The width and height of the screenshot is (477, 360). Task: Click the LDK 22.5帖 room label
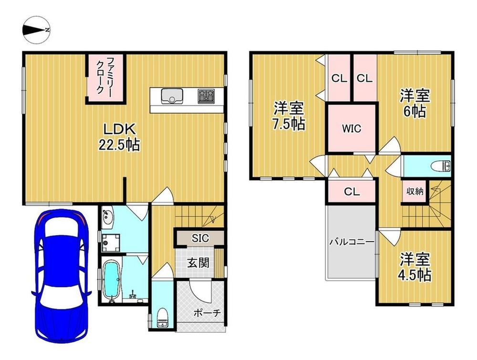(119, 137)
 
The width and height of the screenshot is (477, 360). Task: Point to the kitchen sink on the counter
(172, 96)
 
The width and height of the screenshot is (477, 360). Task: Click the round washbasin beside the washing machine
(107, 216)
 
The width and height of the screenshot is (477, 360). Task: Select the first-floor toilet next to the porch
(163, 318)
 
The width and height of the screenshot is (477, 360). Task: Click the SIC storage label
(200, 238)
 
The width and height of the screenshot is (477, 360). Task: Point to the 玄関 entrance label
(198, 263)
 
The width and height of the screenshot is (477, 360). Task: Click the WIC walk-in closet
(352, 128)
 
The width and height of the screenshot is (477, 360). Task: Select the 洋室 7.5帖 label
(289, 116)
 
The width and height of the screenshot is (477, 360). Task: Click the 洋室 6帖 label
(415, 103)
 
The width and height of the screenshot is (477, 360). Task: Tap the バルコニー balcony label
(352, 242)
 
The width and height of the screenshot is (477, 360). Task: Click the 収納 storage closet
(415, 191)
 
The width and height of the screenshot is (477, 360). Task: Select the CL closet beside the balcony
(352, 192)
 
